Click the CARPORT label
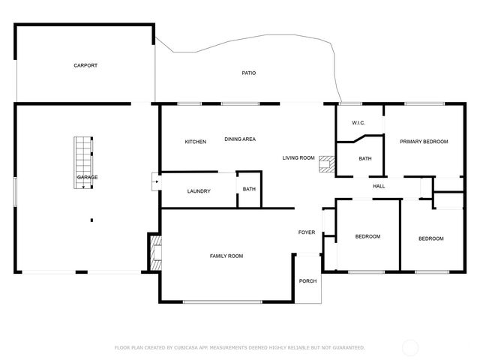pyautogui.click(x=85, y=65)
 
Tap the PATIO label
pyautogui.click(x=249, y=73)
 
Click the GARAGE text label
pyautogui.click(x=87, y=177)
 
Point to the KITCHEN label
pyautogui.click(x=196, y=142)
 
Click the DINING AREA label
pyautogui.click(x=240, y=139)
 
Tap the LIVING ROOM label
pyautogui.click(x=298, y=157)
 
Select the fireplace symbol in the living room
pyautogui.click(x=326, y=164)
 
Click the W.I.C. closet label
pyautogui.click(x=358, y=123)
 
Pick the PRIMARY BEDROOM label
pyautogui.click(x=424, y=142)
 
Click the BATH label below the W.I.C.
pyautogui.click(x=365, y=158)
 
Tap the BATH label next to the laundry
pyautogui.click(x=249, y=188)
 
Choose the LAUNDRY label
pyautogui.click(x=199, y=191)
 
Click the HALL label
pyautogui.click(x=379, y=186)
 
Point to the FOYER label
pyautogui.click(x=307, y=232)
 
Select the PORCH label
pyautogui.click(x=307, y=280)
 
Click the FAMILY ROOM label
pyautogui.click(x=226, y=256)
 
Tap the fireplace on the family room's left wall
pyautogui.click(x=157, y=253)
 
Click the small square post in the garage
pyautogui.click(x=91, y=220)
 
